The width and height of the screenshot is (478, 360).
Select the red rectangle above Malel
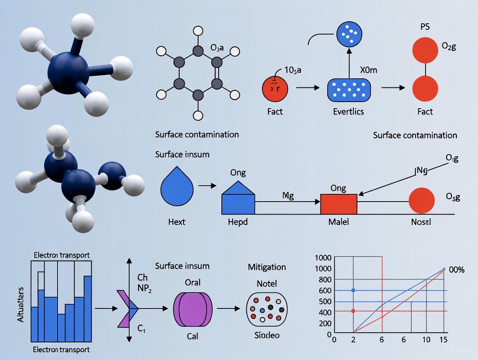click(339, 204)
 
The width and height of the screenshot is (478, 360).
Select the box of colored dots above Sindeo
click(267, 308)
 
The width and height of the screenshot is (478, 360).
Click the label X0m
click(369, 70)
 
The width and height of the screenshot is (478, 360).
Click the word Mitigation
click(267, 267)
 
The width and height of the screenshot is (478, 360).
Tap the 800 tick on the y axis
click(324, 280)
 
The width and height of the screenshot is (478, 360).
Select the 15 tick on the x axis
click(442, 340)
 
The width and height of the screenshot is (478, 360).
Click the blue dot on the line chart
click(353, 290)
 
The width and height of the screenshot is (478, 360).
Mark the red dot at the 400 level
click(353, 311)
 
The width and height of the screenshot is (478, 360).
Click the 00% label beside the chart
click(456, 270)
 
